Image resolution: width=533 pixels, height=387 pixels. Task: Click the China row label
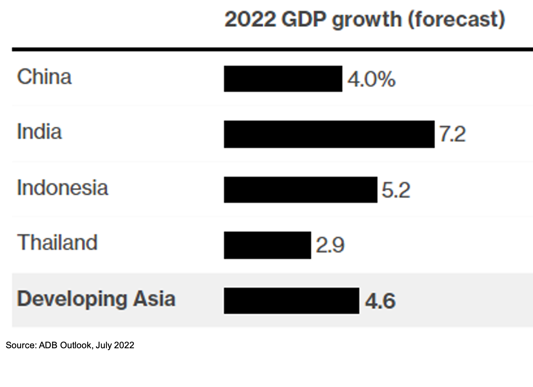[x=44, y=77]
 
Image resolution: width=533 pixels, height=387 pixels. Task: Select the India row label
[x=40, y=132]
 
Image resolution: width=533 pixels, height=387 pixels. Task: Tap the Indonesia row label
[x=63, y=188]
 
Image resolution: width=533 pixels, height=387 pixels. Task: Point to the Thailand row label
[x=58, y=243]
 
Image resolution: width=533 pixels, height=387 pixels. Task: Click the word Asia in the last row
[x=154, y=299]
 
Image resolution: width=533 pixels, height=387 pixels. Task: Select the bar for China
[x=283, y=79]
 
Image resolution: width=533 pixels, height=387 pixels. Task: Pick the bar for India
[x=329, y=134]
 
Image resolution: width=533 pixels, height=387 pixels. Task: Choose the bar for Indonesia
[x=301, y=190]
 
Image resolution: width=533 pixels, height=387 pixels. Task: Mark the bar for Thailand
[x=267, y=245]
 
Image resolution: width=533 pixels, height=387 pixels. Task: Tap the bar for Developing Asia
[x=292, y=301]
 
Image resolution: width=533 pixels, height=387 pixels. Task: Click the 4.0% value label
[x=371, y=79]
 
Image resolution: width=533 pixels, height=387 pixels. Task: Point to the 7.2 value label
[x=452, y=135]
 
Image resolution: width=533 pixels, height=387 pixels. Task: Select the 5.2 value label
[x=396, y=191]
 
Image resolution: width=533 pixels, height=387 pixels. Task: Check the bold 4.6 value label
[x=380, y=301]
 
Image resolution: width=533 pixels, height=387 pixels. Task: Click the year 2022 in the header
[x=250, y=19]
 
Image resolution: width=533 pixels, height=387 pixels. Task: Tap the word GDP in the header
[x=303, y=19]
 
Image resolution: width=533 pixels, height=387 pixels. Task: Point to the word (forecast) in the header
[x=457, y=20]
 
